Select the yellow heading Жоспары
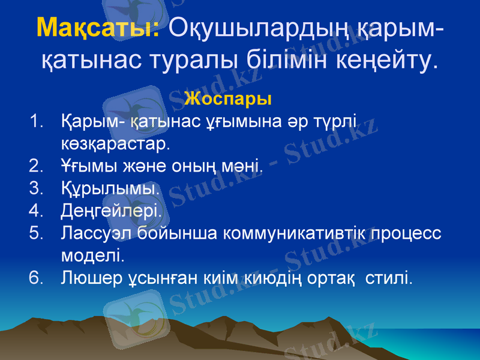(x=229, y=97)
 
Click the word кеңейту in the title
(x=388, y=60)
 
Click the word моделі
(x=93, y=256)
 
